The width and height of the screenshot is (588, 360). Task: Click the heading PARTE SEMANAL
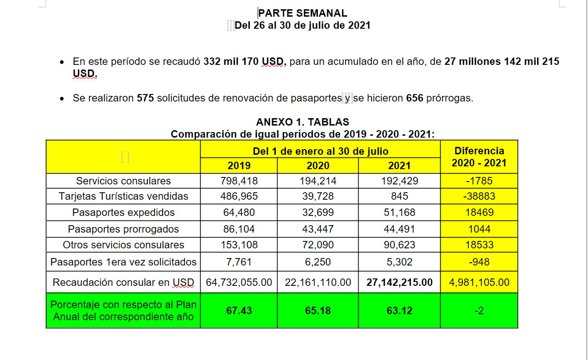303,13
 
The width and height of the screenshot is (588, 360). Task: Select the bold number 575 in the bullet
145,98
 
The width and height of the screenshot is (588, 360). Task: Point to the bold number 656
415,98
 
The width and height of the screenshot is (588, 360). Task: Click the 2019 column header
239,165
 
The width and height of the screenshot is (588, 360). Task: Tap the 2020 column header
318,165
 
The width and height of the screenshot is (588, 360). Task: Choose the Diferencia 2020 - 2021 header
479,157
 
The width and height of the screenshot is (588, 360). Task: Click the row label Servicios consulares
123,181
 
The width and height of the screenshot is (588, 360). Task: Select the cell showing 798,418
239,181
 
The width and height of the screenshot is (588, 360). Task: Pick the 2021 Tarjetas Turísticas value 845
399,196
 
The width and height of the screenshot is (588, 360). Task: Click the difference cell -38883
479,196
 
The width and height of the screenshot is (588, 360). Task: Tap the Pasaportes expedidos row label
123,213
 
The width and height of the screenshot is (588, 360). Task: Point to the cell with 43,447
318,229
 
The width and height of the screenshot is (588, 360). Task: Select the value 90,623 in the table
399,245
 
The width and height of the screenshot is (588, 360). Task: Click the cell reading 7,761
239,262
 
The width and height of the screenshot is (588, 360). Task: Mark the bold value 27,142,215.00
399,282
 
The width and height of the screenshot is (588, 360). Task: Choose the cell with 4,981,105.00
479,282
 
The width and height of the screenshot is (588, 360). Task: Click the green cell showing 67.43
239,311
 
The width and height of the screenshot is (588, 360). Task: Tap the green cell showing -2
479,311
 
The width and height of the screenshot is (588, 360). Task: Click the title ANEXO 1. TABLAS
303,122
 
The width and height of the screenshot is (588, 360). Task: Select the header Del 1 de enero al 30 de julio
321,152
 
